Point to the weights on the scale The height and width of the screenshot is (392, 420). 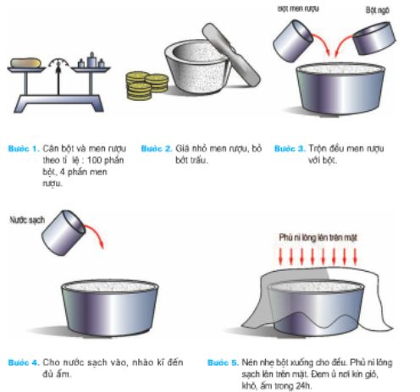click(x=88, y=60)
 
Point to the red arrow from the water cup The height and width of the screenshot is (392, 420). click(x=96, y=236)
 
